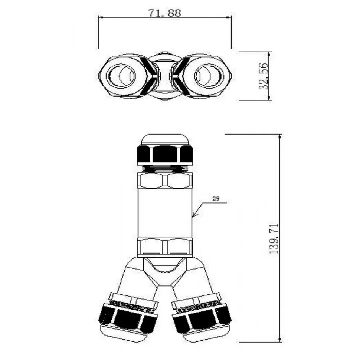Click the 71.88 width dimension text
coord(164,13)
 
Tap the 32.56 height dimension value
coord(264,76)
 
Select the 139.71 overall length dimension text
coord(274,238)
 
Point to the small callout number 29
coord(216,199)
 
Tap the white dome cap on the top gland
coord(165,140)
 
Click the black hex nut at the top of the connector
coord(164,155)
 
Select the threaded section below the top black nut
coord(164,169)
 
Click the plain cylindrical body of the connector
coord(164,213)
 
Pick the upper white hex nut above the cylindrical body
coord(164,181)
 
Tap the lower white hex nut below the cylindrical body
coord(164,248)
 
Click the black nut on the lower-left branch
coord(128,319)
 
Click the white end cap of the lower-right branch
coord(206,333)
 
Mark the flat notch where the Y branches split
coord(165,286)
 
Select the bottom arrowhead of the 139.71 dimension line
coord(279,339)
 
